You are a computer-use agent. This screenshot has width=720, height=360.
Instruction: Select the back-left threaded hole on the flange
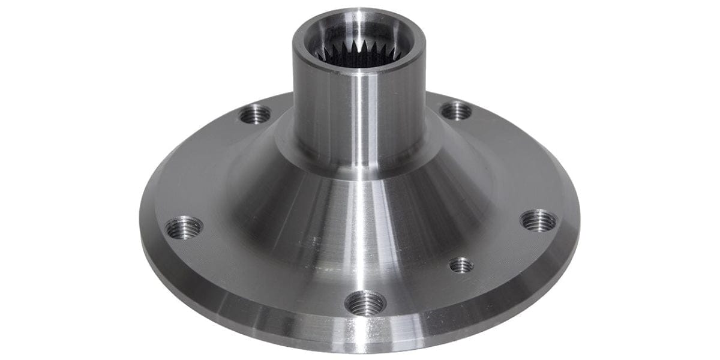tap(255, 113)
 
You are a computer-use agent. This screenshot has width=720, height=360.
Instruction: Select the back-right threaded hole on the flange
tap(456, 110)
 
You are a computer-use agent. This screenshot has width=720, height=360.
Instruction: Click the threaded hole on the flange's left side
tap(184, 227)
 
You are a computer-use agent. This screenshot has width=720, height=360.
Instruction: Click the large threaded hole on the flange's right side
tap(538, 220)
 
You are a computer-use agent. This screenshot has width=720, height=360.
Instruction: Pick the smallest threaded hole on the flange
tap(461, 265)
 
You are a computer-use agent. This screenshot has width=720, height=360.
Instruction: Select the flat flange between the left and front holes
tap(264, 276)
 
